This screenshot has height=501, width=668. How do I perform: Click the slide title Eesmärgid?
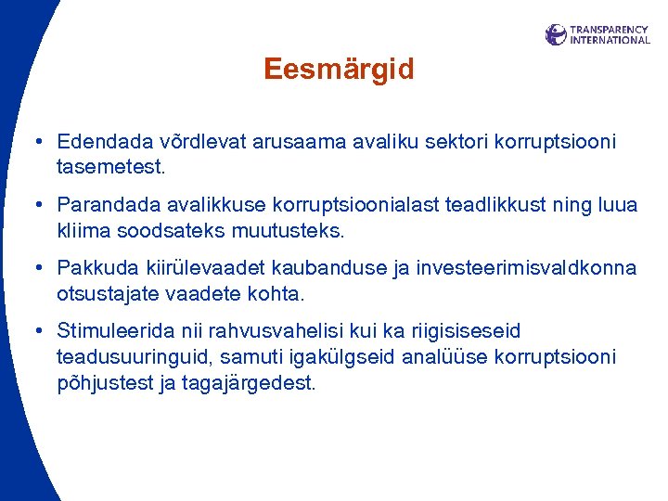(x=338, y=70)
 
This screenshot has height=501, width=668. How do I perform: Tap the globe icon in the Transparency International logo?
(x=556, y=35)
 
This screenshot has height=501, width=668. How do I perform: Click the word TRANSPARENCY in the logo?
(x=610, y=30)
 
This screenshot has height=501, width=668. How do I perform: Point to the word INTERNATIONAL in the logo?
(x=610, y=41)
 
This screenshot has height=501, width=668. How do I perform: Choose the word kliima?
(x=81, y=230)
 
